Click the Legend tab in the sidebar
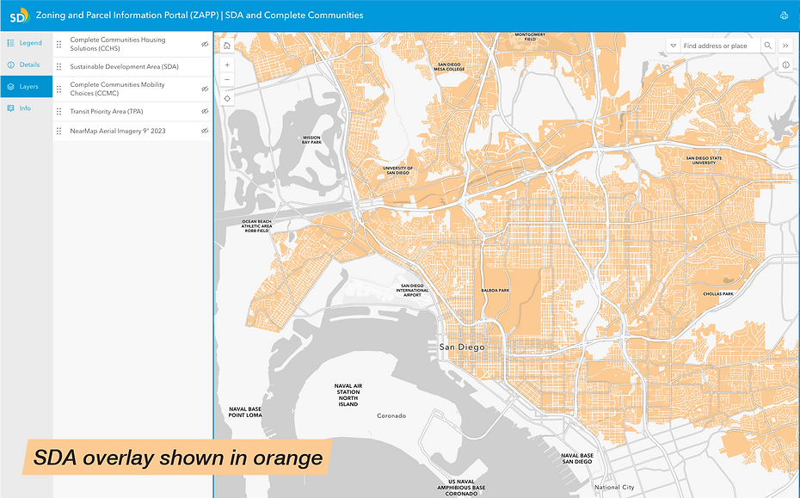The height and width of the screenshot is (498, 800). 26,43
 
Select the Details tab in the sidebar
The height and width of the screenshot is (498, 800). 26,65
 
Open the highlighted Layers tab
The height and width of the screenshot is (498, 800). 26,87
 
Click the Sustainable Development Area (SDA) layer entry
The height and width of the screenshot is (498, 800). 124,66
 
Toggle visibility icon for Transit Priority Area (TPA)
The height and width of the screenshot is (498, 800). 205,111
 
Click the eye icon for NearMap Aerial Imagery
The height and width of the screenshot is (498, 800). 205,131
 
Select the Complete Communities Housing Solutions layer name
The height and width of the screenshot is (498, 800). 117,44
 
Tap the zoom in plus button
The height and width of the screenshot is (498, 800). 227,65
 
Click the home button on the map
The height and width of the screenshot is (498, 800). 227,46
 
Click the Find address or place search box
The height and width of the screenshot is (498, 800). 718,46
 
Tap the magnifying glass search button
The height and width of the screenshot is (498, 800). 768,46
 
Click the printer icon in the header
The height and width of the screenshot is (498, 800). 784,15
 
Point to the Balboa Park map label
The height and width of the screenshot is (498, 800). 495,291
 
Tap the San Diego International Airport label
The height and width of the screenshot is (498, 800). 412,291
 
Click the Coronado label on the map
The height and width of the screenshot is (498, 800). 391,415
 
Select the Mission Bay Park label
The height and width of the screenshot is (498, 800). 311,139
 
